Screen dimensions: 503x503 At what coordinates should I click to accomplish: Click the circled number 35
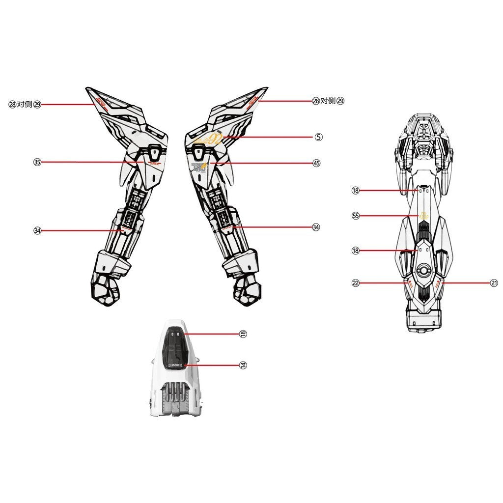tap(37, 163)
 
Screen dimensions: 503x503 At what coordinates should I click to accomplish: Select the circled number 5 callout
tap(319, 137)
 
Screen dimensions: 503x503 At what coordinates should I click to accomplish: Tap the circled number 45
tap(316, 163)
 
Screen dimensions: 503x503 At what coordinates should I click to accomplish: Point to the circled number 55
tap(356, 215)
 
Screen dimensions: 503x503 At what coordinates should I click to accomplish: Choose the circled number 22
tap(356, 283)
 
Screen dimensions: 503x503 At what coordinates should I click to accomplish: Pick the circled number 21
tap(494, 283)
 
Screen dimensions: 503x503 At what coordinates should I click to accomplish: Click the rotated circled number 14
tap(243, 365)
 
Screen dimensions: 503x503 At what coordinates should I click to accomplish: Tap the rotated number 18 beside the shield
tap(243, 334)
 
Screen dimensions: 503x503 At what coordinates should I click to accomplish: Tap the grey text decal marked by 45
tap(199, 166)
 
